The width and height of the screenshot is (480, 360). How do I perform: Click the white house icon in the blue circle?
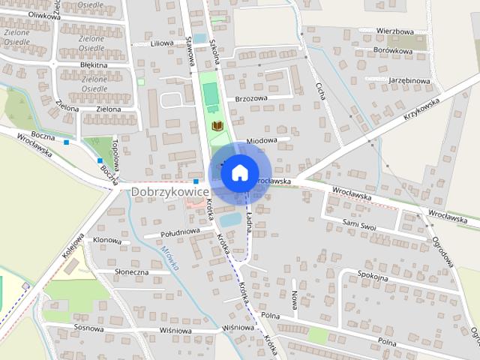[x=239, y=172]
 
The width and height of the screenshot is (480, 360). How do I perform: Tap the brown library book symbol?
[x=218, y=126]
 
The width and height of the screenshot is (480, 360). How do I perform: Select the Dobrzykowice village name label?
[x=168, y=193]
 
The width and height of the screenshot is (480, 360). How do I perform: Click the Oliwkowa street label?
[x=22, y=14]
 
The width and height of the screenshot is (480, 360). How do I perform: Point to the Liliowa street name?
[x=161, y=43]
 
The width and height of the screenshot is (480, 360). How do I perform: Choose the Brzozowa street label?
[x=250, y=97]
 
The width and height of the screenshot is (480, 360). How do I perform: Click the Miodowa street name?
[x=262, y=139]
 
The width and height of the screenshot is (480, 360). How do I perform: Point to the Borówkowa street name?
[x=392, y=52]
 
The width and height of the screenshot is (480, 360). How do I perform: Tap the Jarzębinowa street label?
[x=409, y=80]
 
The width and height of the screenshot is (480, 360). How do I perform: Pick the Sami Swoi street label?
[x=358, y=223]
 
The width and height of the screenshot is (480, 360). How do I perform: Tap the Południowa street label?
[x=179, y=232]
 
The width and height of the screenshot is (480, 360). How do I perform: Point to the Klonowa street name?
[x=107, y=241]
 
